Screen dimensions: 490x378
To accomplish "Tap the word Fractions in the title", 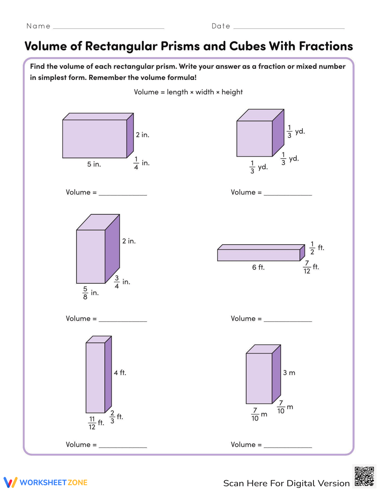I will [x=326, y=46].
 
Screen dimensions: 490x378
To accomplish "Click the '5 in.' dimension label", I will [x=94, y=164].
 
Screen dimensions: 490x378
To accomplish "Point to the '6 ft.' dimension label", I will [x=258, y=267].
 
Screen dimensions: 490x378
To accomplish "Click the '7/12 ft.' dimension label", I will [x=311, y=267].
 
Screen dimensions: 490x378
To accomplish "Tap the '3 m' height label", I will [x=289, y=373].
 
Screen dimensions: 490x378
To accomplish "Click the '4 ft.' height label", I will [x=120, y=373].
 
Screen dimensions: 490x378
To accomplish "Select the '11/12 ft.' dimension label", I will [x=96, y=423].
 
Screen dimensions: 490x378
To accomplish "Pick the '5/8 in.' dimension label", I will [x=90, y=293].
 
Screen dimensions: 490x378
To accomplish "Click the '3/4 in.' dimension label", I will [x=122, y=282].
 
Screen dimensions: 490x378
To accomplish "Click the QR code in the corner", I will [x=364, y=476].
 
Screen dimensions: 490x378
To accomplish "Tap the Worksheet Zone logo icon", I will [x=11, y=482].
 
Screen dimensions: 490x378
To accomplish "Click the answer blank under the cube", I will [x=288, y=193].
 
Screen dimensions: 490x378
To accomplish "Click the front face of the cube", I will [x=254, y=139].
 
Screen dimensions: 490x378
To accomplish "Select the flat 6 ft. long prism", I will [x=259, y=255].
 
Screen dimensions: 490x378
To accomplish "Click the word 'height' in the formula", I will [x=232, y=92].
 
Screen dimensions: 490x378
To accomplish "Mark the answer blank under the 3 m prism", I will [x=288, y=445].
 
